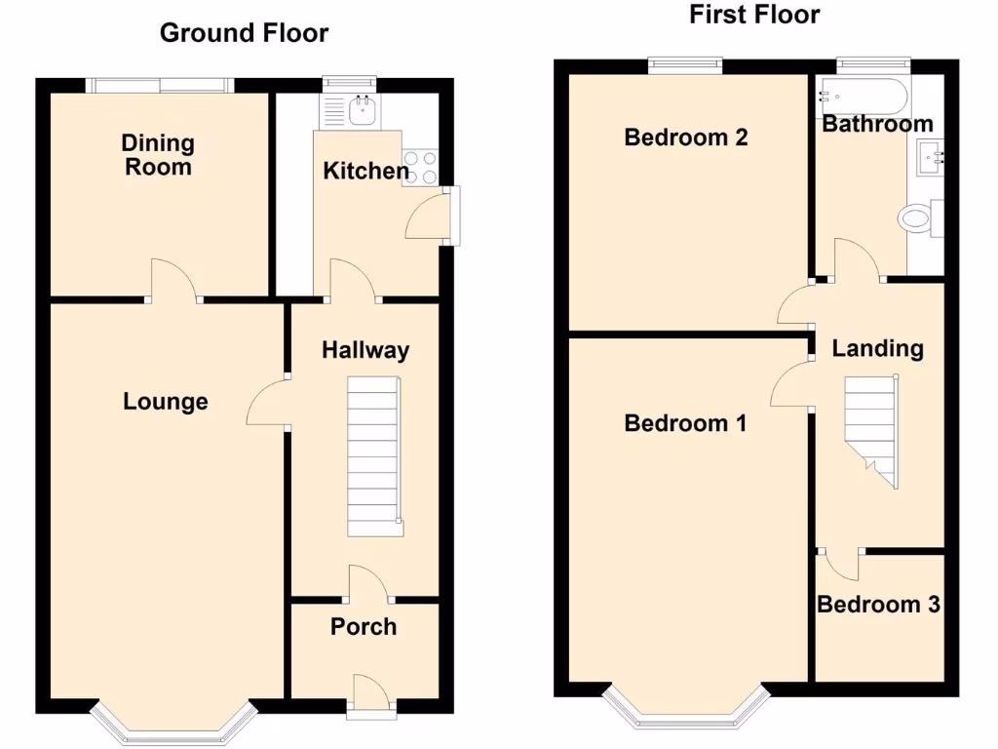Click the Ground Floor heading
[244, 33]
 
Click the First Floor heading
[754, 15]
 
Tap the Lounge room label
[166, 401]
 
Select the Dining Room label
[158, 155]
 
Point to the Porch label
[364, 626]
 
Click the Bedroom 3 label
[878, 605]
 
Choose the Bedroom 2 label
[686, 137]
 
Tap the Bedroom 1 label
[685, 423]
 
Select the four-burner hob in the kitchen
[420, 167]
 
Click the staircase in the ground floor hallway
[373, 456]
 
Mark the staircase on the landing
[870, 428]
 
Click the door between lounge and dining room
[173, 280]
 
